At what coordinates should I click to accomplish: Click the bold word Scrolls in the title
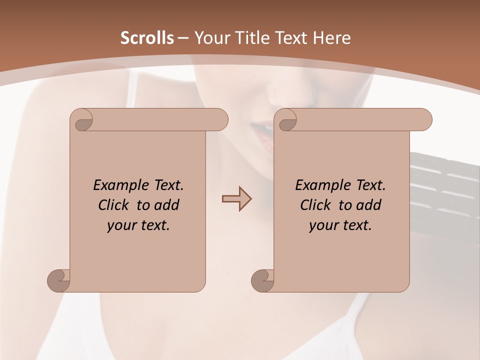[147, 38]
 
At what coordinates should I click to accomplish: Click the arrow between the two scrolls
[236, 199]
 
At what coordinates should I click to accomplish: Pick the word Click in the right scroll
[315, 205]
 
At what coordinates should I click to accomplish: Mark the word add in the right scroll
[369, 205]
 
